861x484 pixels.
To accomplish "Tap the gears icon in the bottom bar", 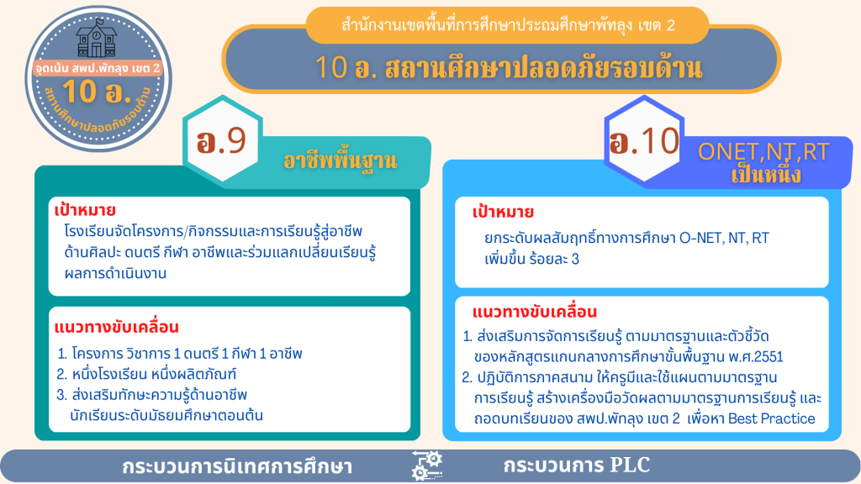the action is (x=427, y=466).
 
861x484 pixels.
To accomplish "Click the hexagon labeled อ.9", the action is (x=223, y=141).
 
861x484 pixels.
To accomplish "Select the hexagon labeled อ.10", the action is (x=644, y=141).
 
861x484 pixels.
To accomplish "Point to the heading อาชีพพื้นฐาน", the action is (x=340, y=160).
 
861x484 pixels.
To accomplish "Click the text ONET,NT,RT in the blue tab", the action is (x=763, y=151).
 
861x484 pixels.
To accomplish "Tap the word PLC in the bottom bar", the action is (x=630, y=465).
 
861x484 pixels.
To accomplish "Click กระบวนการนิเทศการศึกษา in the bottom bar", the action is (x=237, y=466).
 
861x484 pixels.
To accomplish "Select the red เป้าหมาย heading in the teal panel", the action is (x=85, y=210).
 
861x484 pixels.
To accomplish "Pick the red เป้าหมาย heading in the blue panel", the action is (x=503, y=212).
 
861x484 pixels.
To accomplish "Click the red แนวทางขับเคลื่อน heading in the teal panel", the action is (x=116, y=327).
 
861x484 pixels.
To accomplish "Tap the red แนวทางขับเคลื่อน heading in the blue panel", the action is (x=534, y=312).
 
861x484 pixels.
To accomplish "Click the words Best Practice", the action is (x=772, y=418).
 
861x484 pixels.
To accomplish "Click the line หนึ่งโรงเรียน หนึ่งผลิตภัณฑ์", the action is (x=154, y=375).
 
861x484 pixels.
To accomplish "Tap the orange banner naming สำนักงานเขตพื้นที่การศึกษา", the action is (x=507, y=25).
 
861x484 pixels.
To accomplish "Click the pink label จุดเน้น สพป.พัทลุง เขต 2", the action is (x=98, y=68).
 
